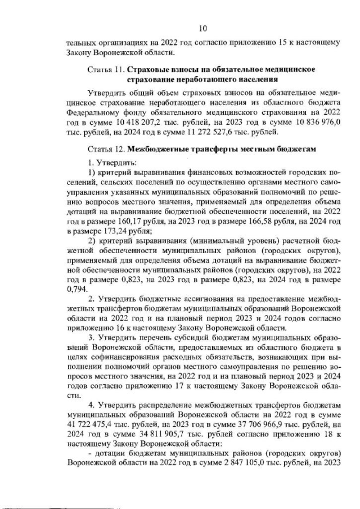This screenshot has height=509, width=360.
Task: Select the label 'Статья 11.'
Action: click(x=106, y=69)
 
